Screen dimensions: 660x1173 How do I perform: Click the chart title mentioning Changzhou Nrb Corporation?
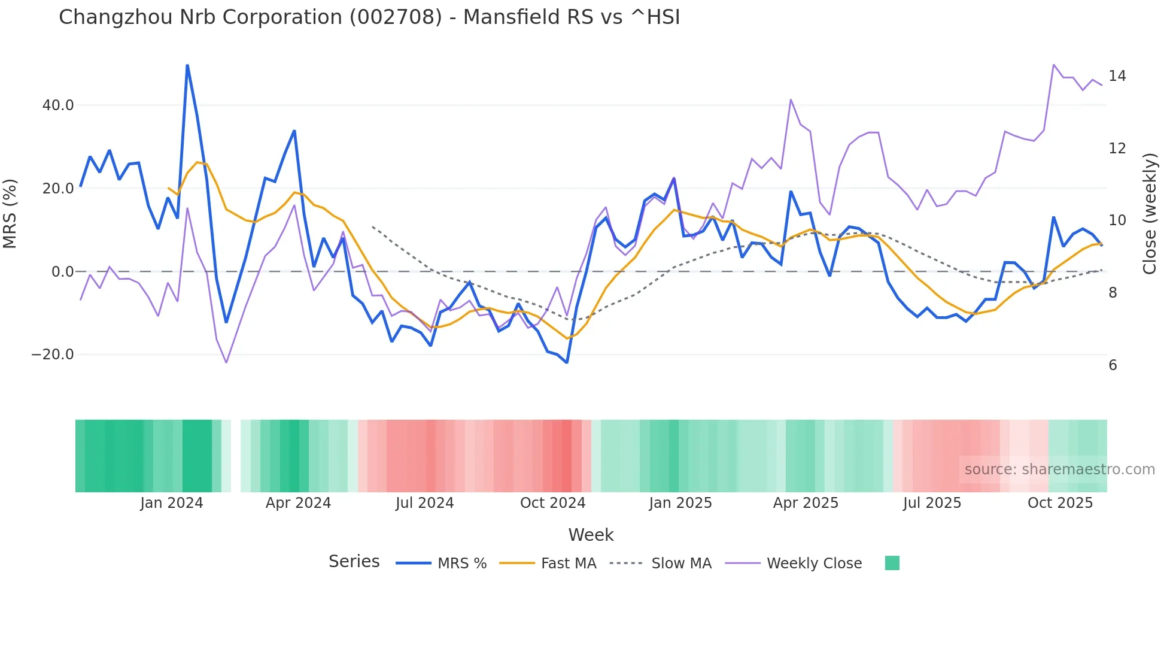(369, 17)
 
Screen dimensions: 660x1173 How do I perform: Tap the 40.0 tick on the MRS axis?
(58, 105)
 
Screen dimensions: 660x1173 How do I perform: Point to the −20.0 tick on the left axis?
(53, 355)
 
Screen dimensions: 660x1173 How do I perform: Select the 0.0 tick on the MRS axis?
(62, 272)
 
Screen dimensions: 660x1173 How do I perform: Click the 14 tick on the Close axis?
(1117, 76)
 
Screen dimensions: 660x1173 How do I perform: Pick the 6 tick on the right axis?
(1113, 365)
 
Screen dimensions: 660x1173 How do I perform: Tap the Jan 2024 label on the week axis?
(172, 503)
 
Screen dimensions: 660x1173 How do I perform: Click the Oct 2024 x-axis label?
(552, 503)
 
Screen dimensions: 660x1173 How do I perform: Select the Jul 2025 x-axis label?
(932, 503)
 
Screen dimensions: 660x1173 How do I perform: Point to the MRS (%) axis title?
(10, 213)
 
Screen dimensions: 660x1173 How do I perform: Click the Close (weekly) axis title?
(1149, 213)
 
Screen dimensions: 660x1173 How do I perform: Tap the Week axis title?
(591, 535)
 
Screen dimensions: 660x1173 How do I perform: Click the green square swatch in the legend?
(892, 563)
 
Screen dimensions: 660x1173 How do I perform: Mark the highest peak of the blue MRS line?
(187, 65)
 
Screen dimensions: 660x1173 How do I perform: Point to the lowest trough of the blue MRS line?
(567, 362)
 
